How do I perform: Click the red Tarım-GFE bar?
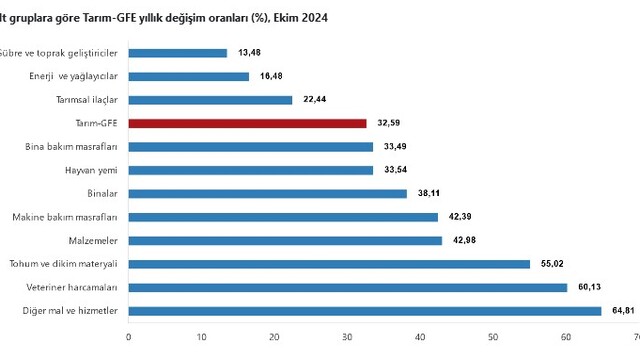click(x=247, y=123)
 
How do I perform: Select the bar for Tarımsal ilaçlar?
click(x=210, y=100)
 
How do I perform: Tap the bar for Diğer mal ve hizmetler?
click(x=365, y=311)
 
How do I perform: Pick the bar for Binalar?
click(x=268, y=194)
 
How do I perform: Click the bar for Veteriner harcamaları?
click(x=348, y=288)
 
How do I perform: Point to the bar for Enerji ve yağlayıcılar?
click(x=189, y=77)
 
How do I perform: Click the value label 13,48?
click(x=249, y=53)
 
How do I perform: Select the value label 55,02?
click(x=552, y=264)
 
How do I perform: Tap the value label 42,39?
click(x=460, y=217)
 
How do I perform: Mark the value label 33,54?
click(x=396, y=169)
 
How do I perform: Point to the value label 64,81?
click(x=623, y=311)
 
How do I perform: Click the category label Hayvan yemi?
click(x=91, y=171)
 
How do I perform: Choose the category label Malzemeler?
click(x=93, y=241)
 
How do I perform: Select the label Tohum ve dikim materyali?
click(x=63, y=264)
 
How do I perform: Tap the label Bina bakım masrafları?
click(x=71, y=147)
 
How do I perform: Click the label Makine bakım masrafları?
click(x=65, y=217)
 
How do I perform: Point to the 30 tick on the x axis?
click(x=347, y=337)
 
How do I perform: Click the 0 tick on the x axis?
click(x=129, y=337)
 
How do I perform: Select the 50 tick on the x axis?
click(x=493, y=337)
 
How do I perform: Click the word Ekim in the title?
click(x=287, y=18)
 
